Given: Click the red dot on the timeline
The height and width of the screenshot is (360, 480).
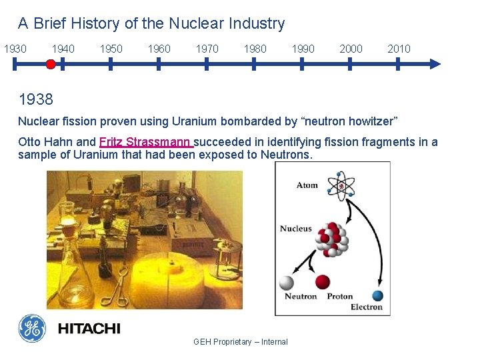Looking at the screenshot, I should tap(50, 64).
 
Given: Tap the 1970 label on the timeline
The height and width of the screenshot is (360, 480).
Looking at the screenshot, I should tap(207, 49).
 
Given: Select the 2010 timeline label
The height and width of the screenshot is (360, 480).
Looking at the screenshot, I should tap(399, 49).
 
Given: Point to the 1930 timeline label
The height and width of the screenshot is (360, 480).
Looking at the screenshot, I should tap(15, 49).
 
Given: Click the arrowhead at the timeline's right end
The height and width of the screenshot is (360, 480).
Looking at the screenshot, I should tap(435, 64).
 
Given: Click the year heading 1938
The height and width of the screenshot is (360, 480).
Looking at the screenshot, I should tap(36, 99).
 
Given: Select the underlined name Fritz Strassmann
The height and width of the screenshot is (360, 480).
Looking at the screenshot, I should tap(146, 142).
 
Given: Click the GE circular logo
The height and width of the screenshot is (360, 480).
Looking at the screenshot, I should tap(32, 328).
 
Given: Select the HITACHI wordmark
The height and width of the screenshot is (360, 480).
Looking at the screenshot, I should tap(89, 329).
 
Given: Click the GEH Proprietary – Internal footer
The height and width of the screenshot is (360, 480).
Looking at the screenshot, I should tap(241, 342).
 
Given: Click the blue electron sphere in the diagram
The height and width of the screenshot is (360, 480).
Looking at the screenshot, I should tap(377, 295).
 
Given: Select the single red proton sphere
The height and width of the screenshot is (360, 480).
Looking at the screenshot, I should tap(323, 282).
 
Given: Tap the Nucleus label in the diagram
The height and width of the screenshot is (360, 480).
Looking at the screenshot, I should tap(295, 229).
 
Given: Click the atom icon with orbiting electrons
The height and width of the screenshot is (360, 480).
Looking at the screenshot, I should tap(341, 186).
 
